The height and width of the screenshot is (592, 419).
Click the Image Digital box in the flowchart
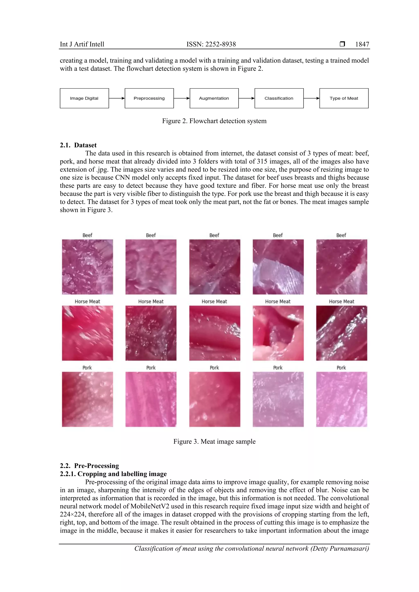[x=84, y=98]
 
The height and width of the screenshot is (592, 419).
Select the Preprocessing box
[x=149, y=98]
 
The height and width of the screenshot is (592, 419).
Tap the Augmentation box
[x=214, y=98]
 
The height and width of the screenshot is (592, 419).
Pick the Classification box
[x=279, y=98]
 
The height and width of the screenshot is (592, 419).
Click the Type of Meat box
[x=344, y=98]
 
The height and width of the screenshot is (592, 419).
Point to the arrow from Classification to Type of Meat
[x=311, y=98]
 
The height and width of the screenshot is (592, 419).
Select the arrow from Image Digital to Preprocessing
[x=117, y=98]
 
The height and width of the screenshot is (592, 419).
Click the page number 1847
[x=362, y=44]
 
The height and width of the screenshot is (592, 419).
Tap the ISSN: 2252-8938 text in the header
[x=211, y=44]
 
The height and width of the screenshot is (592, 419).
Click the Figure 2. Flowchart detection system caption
[x=214, y=121]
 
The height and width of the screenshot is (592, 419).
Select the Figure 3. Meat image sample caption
[x=214, y=441]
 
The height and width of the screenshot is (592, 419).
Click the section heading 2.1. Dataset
[x=78, y=145]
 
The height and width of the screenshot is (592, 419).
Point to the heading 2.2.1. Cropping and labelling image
[x=113, y=474]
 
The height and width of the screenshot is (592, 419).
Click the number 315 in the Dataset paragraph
[x=262, y=161]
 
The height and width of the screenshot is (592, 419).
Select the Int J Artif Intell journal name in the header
[x=82, y=44]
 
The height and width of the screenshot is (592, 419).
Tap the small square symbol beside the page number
[x=342, y=44]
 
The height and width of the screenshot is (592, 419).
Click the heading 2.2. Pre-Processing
[x=89, y=466]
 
